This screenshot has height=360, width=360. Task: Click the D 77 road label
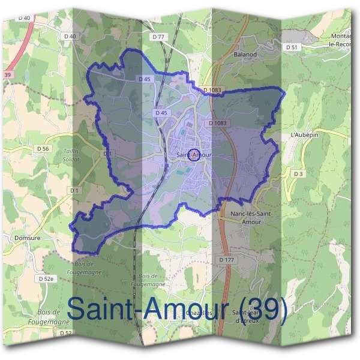click(158, 37)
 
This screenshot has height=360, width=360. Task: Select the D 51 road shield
click(292, 47)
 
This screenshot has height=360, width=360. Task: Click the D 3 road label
click(298, 173)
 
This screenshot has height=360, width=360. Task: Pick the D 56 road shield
click(42, 148)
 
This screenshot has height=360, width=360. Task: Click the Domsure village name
click(25, 237)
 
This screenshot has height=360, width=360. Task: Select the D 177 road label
click(226, 260)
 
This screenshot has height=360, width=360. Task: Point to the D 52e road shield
click(46, 279)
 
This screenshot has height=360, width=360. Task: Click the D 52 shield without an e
click(65, 333)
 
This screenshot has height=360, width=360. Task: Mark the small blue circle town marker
click(194, 155)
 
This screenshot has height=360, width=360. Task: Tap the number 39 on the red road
click(7, 74)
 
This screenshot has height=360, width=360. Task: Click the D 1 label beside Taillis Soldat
click(107, 154)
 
